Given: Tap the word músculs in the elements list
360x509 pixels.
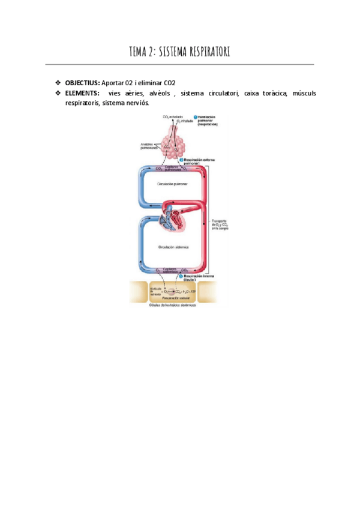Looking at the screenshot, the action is (304, 93).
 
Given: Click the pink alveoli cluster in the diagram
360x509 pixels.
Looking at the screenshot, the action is (173, 145).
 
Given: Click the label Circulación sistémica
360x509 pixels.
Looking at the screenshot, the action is (173, 247).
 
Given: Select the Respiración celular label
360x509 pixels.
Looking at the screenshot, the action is (170, 298).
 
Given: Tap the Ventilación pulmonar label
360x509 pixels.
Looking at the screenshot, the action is (211, 119).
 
